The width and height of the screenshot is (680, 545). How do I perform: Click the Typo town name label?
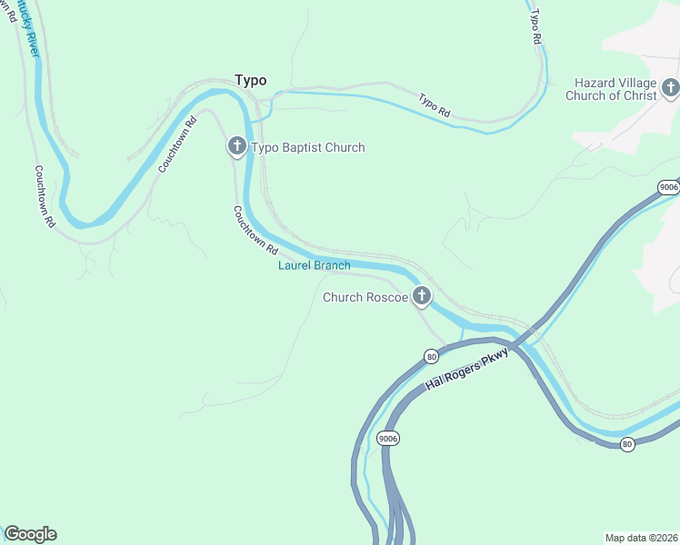tap(251, 80)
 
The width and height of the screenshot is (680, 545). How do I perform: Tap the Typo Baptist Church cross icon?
tap(236, 146)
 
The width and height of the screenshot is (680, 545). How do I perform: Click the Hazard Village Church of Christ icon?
tap(670, 88)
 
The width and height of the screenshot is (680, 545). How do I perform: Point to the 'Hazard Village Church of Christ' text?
tap(611, 89)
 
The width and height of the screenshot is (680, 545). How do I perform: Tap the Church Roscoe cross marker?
tap(421, 296)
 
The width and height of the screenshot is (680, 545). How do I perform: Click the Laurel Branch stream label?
tap(314, 265)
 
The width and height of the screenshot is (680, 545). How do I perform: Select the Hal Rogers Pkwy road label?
tap(463, 372)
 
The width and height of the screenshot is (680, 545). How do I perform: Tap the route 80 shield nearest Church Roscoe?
tap(432, 357)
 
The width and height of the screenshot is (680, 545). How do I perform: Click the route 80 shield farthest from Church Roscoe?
tap(627, 443)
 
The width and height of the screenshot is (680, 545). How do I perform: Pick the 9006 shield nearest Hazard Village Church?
tap(669, 187)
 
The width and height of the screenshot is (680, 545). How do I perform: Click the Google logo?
tap(30, 534)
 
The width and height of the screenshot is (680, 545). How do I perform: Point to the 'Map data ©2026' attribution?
tap(641, 538)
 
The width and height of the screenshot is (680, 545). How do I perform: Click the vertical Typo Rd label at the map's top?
tap(535, 27)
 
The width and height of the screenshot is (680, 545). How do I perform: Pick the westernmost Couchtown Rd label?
tap(45, 195)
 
